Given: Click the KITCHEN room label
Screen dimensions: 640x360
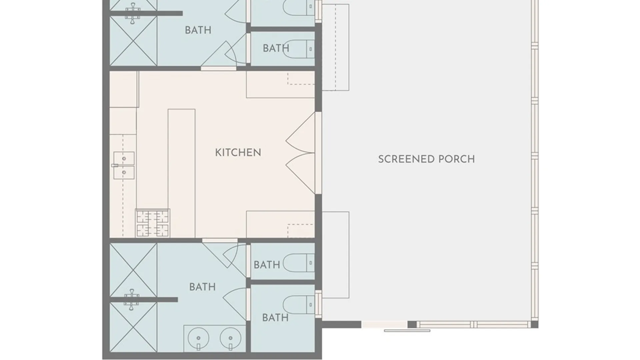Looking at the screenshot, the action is pyautogui.click(x=238, y=153).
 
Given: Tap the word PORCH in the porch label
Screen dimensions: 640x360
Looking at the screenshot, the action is pyautogui.click(x=456, y=159).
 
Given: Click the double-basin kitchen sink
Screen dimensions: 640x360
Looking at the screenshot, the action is pyautogui.click(x=124, y=165).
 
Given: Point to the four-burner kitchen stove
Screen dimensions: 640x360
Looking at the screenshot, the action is pyautogui.click(x=153, y=223).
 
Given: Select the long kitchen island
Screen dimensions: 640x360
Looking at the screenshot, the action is pyautogui.click(x=182, y=173).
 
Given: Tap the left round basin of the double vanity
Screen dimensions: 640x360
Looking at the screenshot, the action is pyautogui.click(x=198, y=338).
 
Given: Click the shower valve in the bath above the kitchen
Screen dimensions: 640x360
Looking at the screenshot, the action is pyautogui.click(x=132, y=13).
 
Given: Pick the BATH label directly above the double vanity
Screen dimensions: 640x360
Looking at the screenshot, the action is pyautogui.click(x=202, y=287).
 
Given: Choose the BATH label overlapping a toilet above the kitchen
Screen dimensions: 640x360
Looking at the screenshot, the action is pyautogui.click(x=276, y=48).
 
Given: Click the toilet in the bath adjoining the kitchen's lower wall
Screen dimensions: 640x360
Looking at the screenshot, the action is pyautogui.click(x=299, y=263).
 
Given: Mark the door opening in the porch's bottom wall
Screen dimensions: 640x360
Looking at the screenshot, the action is pyautogui.click(x=384, y=324).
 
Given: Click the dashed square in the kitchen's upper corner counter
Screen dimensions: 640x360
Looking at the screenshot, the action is pyautogui.click(x=301, y=78).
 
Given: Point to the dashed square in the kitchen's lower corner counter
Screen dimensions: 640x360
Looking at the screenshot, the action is pyautogui.click(x=301, y=231).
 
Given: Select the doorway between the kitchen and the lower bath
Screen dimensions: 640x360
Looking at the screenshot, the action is pyautogui.click(x=220, y=240).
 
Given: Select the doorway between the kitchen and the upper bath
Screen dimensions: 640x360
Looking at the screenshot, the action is pyautogui.click(x=218, y=69).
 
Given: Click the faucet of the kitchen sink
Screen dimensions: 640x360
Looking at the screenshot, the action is pyautogui.click(x=115, y=165).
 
